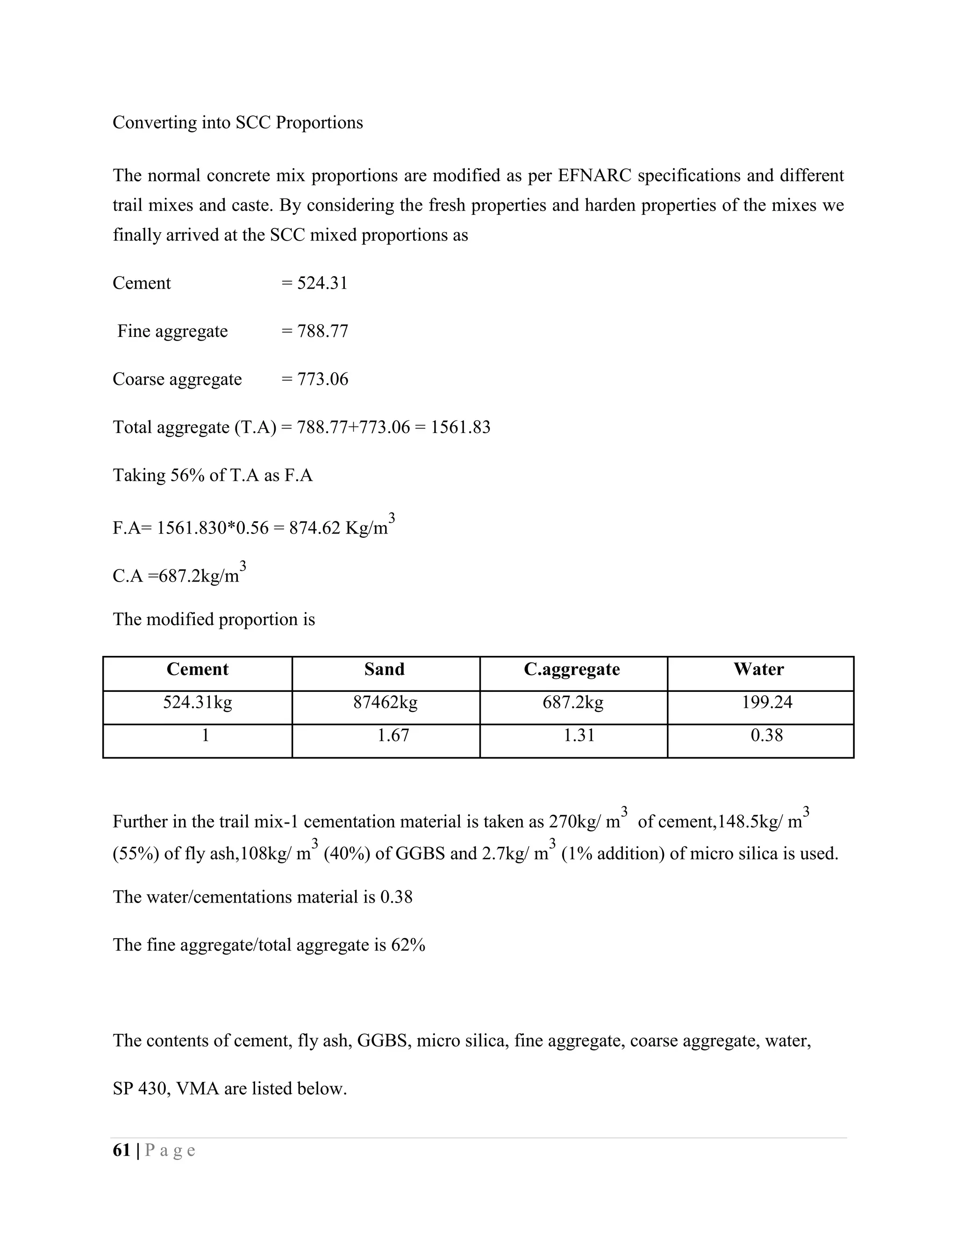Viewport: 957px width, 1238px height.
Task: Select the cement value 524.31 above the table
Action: [322, 283]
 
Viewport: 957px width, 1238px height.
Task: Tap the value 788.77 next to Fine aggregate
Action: [322, 331]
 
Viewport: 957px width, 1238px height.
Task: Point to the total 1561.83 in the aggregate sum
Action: [460, 427]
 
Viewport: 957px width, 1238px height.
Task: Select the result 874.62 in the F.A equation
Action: [314, 528]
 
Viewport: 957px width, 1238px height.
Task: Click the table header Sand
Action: [385, 669]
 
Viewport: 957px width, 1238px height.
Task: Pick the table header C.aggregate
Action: [571, 669]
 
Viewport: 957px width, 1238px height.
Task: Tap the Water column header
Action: [758, 669]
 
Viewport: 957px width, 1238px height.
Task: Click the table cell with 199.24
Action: [766, 703]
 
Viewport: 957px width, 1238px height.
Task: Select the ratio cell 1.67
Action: [393, 736]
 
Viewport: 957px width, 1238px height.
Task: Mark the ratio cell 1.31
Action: [579, 736]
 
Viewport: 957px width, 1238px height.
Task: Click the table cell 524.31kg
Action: [197, 703]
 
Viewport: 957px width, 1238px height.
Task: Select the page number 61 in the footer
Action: [122, 1150]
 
